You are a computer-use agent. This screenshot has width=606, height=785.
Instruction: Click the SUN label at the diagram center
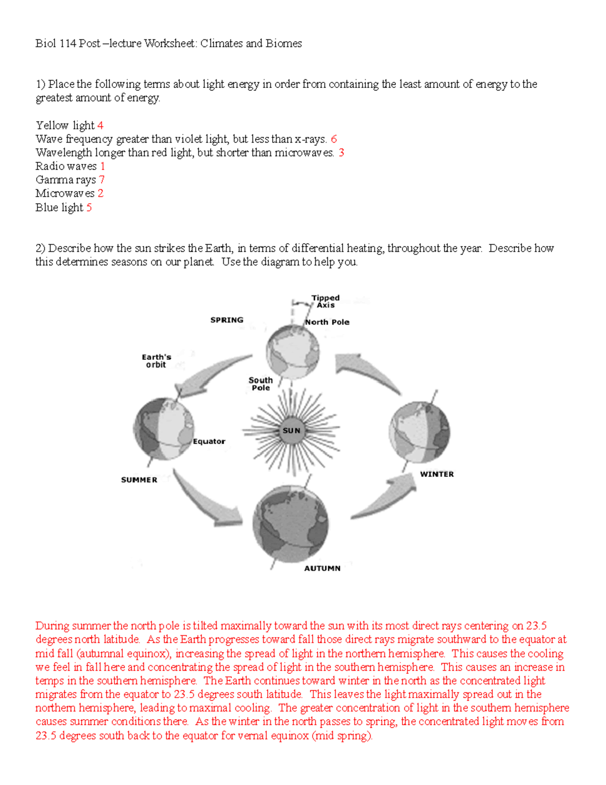tap(291, 431)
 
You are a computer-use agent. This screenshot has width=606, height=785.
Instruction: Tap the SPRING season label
tap(227, 320)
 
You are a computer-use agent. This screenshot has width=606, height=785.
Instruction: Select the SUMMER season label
tap(139, 480)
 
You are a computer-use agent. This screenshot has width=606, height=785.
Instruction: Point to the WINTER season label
tap(437, 474)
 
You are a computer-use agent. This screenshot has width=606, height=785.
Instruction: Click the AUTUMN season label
tap(322, 568)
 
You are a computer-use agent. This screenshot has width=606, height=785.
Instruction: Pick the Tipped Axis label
tap(325, 301)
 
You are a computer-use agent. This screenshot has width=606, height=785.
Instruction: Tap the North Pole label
tap(327, 322)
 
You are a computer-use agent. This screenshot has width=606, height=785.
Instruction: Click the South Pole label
tap(261, 384)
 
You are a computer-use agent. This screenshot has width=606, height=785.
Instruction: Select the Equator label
tap(209, 441)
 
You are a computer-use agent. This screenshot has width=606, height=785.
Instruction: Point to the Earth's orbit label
tap(156, 361)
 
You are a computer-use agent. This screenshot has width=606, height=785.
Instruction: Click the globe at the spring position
tap(293, 350)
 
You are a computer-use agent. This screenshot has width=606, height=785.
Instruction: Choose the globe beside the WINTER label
tap(420, 433)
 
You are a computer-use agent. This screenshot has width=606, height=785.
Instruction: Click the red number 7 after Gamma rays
tap(102, 180)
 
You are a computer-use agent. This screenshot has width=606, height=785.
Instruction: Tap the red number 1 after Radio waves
tap(103, 166)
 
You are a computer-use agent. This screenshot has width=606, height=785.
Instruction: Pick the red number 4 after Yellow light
tap(100, 125)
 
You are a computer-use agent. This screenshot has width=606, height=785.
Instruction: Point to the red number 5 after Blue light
tap(89, 208)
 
